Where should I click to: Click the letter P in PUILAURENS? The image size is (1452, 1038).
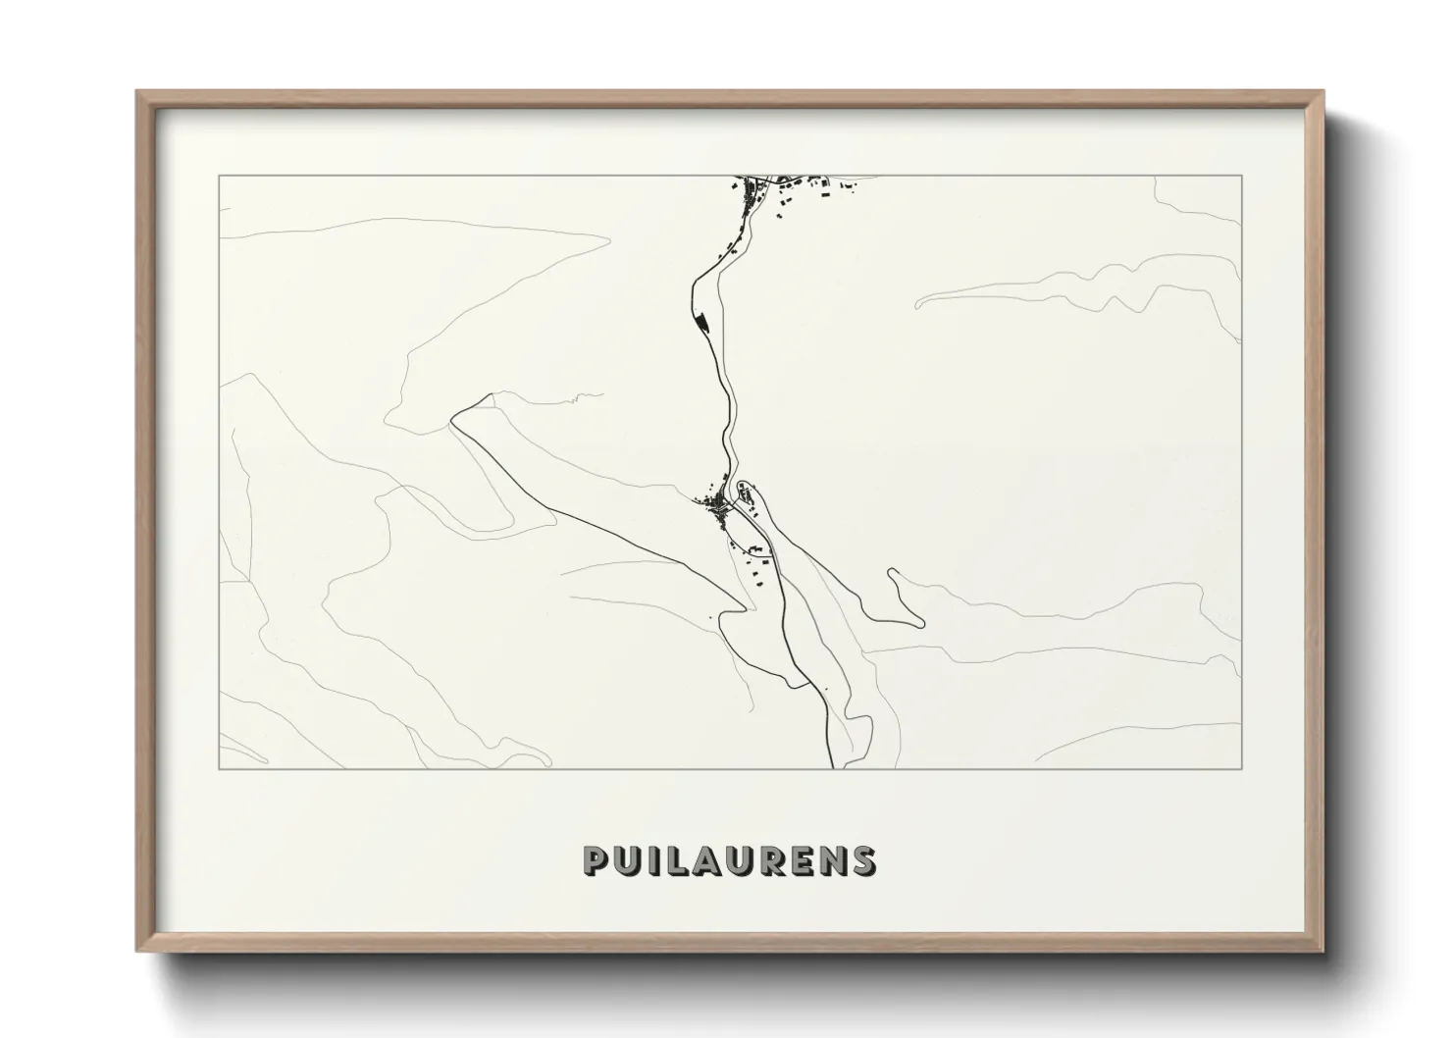pos(596,860)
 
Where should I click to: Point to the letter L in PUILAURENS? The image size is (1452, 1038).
pos(672,860)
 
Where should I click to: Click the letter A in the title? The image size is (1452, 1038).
pos(701,860)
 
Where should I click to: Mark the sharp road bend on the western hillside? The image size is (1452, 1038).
pos(453,420)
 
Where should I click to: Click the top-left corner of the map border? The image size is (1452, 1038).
pos(219,176)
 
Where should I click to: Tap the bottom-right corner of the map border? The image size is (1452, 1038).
pos(1242,768)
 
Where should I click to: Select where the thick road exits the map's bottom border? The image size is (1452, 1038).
pos(833,767)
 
